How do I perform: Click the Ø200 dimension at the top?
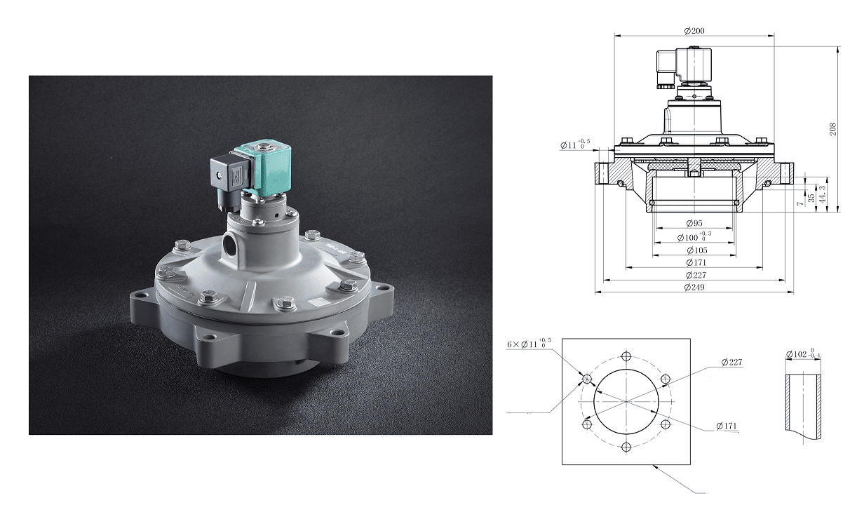coord(694,30)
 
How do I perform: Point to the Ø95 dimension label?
coord(694,223)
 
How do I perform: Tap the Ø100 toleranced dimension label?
coord(695,237)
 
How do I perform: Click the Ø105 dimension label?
coord(694,250)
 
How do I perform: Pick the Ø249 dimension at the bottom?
coord(694,288)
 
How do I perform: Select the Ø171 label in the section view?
coord(694,262)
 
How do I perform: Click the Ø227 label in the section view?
coord(694,275)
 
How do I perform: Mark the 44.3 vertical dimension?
coord(822,194)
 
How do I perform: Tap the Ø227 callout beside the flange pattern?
coord(731,363)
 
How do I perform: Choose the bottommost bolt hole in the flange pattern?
coord(626,447)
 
